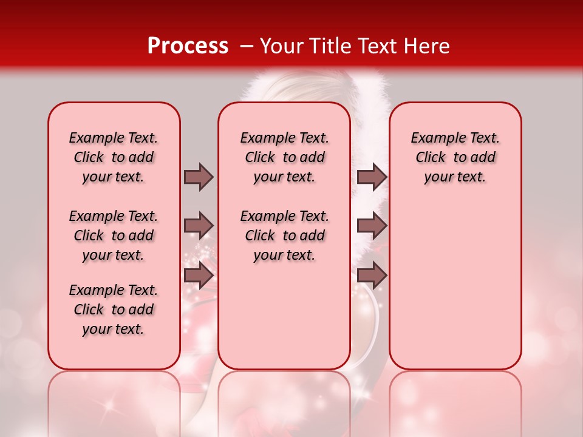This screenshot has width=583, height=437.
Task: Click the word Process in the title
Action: pyautogui.click(x=188, y=46)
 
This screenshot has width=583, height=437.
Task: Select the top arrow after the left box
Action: pyautogui.click(x=199, y=177)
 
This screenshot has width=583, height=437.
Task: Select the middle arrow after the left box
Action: pyautogui.click(x=199, y=226)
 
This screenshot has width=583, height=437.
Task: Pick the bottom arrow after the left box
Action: pyautogui.click(x=199, y=276)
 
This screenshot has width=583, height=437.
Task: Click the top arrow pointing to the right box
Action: pyautogui.click(x=372, y=177)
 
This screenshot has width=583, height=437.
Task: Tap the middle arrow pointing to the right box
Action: pyautogui.click(x=372, y=226)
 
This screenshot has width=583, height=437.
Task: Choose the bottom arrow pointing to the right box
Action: pyautogui.click(x=372, y=276)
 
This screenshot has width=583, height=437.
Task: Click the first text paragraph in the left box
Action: pyautogui.click(x=114, y=157)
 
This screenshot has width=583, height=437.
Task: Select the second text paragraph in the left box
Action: pyautogui.click(x=114, y=235)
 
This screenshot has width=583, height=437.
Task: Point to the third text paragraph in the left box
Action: pyautogui.click(x=114, y=310)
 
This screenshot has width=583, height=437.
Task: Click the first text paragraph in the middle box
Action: pyautogui.click(x=284, y=157)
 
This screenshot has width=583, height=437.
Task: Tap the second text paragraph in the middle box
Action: pyautogui.click(x=284, y=235)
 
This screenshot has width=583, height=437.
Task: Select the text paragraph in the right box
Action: pyautogui.click(x=455, y=157)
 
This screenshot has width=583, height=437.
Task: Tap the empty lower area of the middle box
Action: pyautogui.click(x=284, y=316)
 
